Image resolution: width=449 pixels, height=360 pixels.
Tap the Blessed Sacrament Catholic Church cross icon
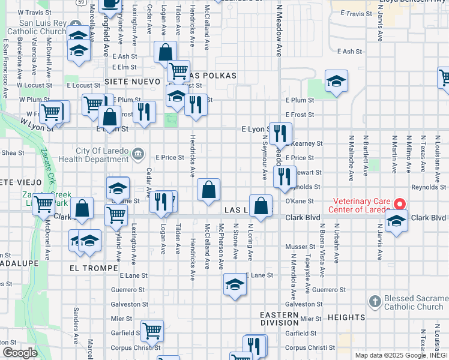pyautogui.click(x=375, y=301)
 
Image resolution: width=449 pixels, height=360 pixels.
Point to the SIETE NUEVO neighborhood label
pyautogui.click(x=132, y=81)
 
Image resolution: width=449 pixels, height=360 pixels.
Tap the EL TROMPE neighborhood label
pyautogui.click(x=89, y=268)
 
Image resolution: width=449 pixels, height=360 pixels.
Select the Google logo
pyautogui.click(x=20, y=352)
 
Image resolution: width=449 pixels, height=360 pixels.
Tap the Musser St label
pyautogui.click(x=300, y=247)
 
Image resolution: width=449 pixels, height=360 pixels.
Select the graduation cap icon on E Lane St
pyautogui.click(x=235, y=285)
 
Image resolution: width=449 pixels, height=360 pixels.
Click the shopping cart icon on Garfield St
pyautogui.click(x=152, y=330)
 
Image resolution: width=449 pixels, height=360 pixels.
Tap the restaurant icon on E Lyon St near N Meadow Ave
pyautogui.click(x=280, y=133)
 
